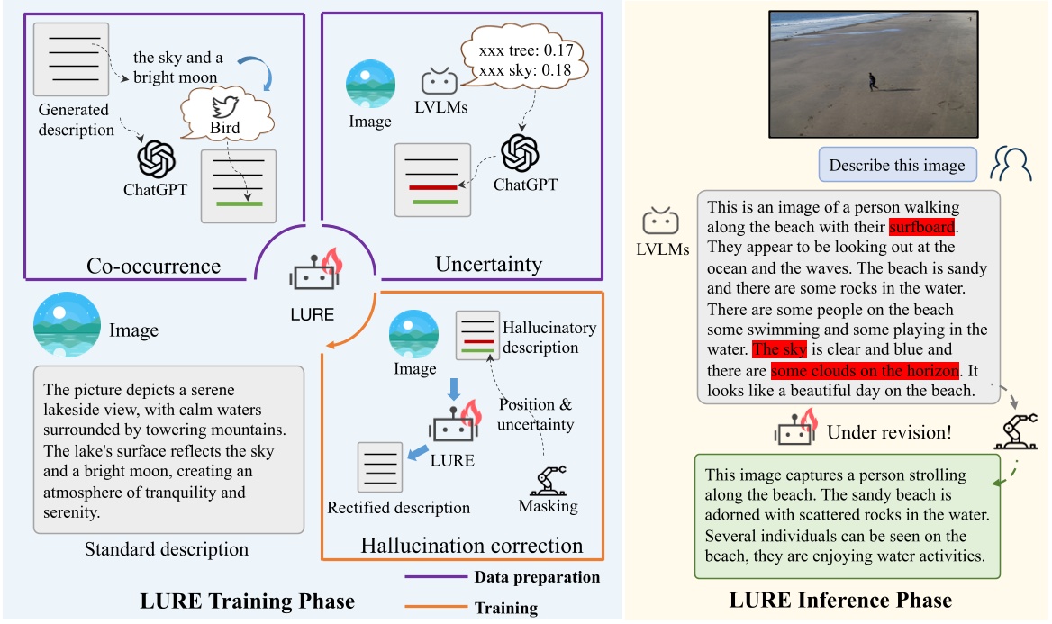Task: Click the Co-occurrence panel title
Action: click(153, 267)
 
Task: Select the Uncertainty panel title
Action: click(488, 264)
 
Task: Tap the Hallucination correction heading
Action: click(471, 546)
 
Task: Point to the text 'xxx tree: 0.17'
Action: click(521, 50)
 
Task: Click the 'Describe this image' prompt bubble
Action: click(896, 165)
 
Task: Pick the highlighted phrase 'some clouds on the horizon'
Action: click(866, 370)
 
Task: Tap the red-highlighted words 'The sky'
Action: click(780, 349)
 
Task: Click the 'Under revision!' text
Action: click(888, 432)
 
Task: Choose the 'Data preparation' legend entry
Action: click(537, 577)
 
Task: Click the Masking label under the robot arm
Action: click(548, 506)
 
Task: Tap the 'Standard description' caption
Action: click(166, 548)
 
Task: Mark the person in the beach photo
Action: click(872, 82)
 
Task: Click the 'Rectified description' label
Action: click(398, 508)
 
